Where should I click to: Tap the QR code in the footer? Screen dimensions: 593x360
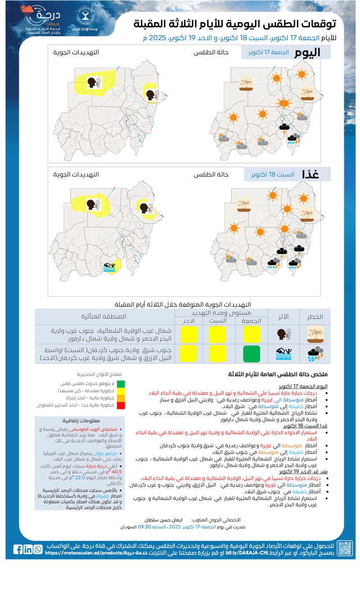(345, 548)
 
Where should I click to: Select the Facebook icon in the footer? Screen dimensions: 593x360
(18, 549)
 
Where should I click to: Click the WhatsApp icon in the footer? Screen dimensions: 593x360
(38, 549)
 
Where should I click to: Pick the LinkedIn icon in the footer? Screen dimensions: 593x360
(28, 549)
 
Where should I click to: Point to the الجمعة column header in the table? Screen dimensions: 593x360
(251, 321)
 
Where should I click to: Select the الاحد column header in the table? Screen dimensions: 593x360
(189, 321)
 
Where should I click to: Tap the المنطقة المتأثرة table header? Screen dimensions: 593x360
(104, 317)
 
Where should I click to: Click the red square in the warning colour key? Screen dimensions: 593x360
(121, 406)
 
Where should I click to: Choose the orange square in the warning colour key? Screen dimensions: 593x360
(121, 398)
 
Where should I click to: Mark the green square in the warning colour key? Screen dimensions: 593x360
(121, 384)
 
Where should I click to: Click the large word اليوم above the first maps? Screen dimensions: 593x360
(308, 53)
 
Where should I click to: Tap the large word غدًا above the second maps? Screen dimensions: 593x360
(311, 175)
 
